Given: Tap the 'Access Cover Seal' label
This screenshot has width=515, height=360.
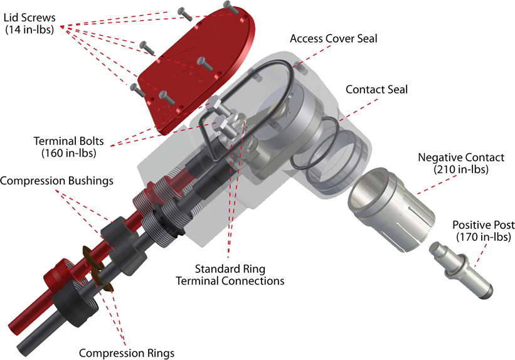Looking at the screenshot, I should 334,39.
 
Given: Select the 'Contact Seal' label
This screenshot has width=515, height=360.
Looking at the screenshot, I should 376,90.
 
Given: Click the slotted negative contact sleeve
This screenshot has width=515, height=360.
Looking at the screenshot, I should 389,200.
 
